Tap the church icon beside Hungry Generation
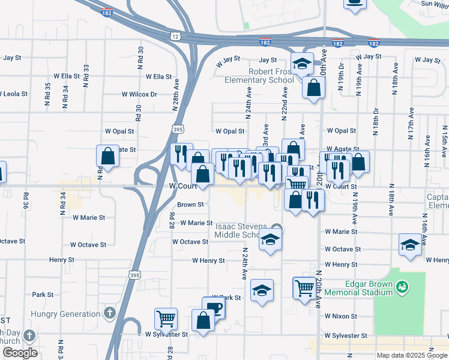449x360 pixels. tap(109, 313)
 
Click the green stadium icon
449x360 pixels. tap(403, 289)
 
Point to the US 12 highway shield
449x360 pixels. tap(175, 37)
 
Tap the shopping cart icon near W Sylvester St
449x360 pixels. tap(166, 317)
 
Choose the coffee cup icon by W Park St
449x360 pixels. tap(214, 308)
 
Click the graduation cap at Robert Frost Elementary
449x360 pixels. tap(302, 62)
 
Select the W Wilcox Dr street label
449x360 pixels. tap(139, 94)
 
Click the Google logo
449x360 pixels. tap(20, 353)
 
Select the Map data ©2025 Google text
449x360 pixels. tap(411, 355)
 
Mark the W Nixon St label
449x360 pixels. tap(341, 316)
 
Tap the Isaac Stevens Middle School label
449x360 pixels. tap(245, 230)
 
